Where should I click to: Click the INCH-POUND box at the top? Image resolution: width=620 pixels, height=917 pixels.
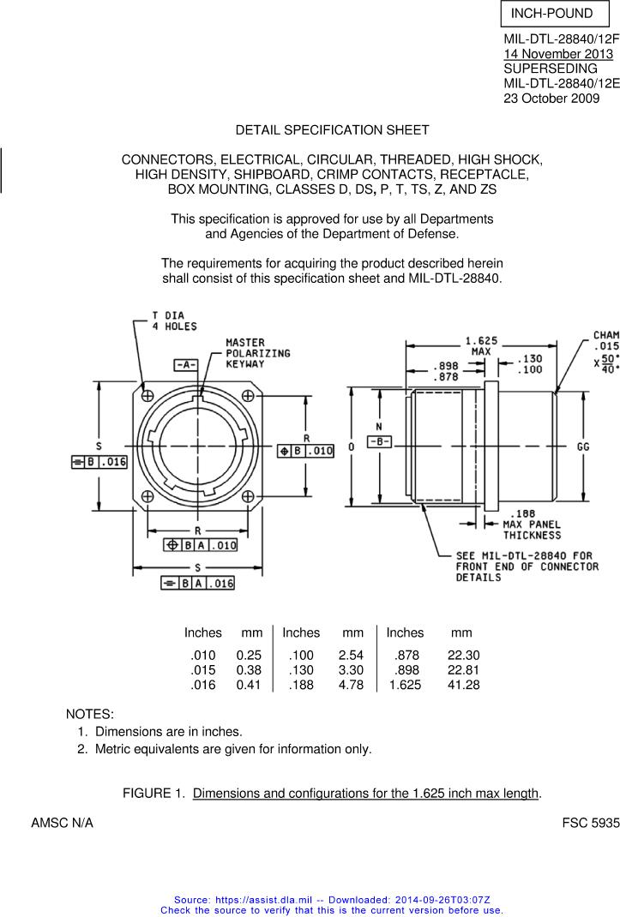click(552, 14)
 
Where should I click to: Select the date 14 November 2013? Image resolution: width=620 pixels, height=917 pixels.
click(558, 54)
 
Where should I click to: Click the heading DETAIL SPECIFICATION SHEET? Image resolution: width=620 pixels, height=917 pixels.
click(332, 130)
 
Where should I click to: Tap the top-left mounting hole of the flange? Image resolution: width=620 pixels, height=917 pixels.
click(147, 395)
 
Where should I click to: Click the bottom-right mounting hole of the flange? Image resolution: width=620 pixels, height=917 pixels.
click(248, 496)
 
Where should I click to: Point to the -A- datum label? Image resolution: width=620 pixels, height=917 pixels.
click(187, 364)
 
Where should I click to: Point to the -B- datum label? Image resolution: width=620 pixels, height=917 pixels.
click(380, 441)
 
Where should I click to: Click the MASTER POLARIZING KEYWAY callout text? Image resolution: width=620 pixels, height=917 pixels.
click(257, 353)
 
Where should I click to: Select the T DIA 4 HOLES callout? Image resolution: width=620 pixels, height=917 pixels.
click(174, 321)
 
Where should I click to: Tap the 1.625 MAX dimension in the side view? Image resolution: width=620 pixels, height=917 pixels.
click(481, 345)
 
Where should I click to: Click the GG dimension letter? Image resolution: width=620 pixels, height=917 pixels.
click(583, 447)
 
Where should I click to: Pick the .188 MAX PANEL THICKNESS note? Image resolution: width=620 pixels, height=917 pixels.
click(532, 524)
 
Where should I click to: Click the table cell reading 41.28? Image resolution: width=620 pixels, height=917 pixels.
click(463, 685)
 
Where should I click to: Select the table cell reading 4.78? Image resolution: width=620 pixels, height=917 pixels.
click(351, 685)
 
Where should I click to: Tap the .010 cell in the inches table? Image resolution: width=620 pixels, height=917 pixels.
click(202, 655)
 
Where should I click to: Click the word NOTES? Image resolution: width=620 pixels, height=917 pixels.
click(90, 714)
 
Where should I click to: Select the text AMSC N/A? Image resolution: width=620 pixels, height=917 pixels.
click(62, 823)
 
